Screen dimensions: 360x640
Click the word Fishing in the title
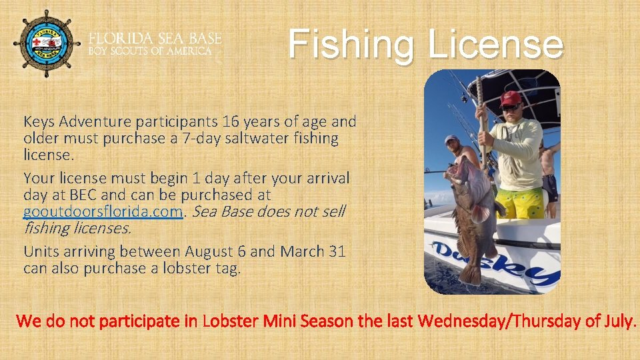point(352,44)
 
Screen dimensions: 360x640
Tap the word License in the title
point(495,44)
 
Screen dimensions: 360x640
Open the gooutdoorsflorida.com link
point(103,212)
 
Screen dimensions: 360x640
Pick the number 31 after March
point(336,252)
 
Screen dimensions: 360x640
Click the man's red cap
point(510,98)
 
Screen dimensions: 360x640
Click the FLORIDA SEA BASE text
point(155,38)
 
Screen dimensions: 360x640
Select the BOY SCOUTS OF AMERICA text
point(150,51)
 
